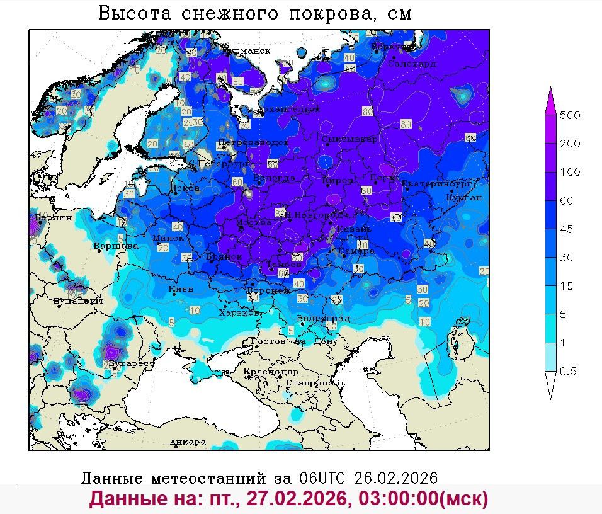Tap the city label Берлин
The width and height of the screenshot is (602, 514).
tap(54, 217)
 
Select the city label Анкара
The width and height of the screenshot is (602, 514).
tap(188, 442)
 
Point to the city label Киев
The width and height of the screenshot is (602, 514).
tap(181, 289)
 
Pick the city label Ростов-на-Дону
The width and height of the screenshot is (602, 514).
tap(294, 341)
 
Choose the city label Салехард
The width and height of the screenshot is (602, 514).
tap(412, 64)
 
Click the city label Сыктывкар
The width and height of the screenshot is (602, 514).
tap(349, 139)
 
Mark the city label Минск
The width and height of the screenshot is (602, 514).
tap(168, 238)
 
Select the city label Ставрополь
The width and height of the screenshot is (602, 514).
tap(315, 382)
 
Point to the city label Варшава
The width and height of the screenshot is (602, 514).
tap(116, 246)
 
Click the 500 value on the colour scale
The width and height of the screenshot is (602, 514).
tap(574, 115)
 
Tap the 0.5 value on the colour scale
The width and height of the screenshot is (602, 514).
tap(574, 371)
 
